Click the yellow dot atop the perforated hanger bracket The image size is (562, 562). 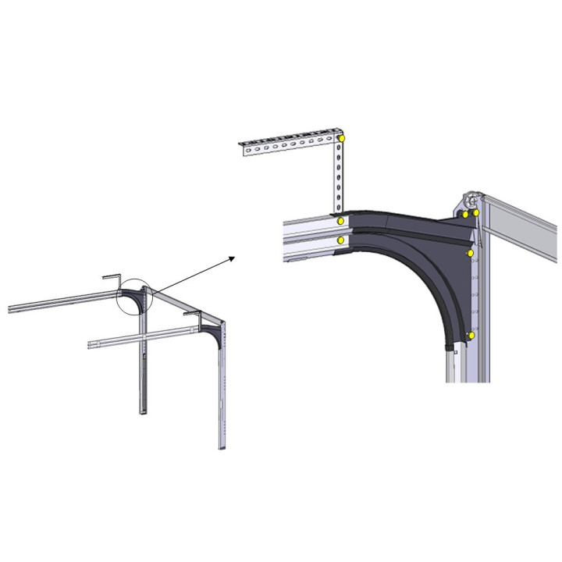342,138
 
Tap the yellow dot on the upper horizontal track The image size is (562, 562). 341,222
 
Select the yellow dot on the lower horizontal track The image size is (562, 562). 341,241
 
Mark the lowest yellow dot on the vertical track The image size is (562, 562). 471,335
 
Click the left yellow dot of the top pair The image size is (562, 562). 465,213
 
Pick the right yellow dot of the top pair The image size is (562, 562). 475,213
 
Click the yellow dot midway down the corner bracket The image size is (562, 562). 471,253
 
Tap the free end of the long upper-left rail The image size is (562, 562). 11,308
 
